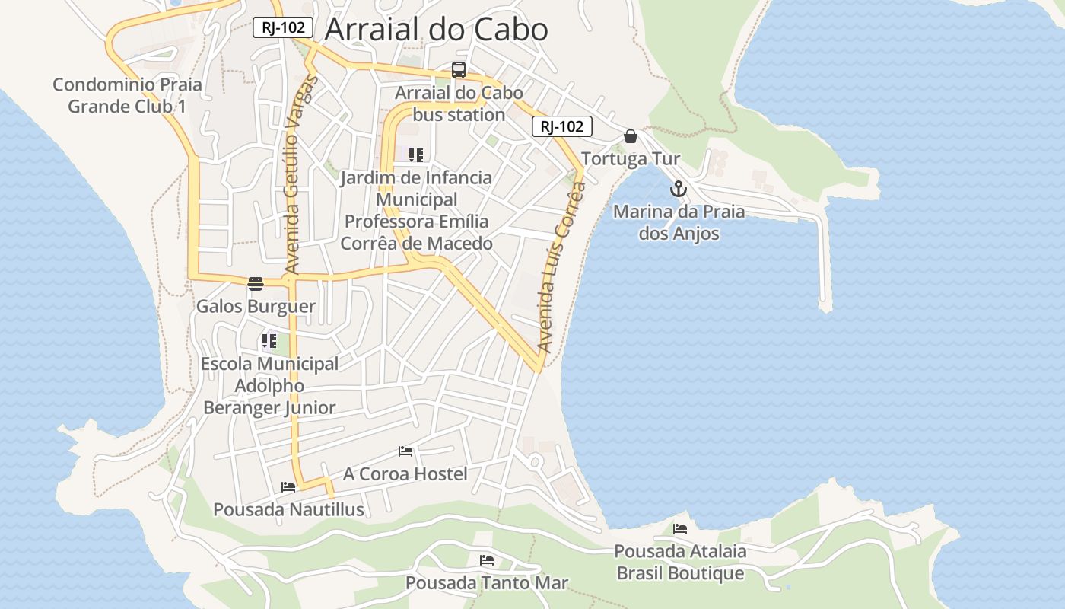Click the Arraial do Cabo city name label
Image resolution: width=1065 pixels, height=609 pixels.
pos(436,30)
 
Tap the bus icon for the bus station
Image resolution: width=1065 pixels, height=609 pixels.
pos(458,70)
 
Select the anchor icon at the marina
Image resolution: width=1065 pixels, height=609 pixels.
pos(678,189)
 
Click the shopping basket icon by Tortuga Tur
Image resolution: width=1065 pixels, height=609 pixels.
pos(631,136)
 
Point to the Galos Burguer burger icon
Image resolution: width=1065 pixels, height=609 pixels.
pos(256,284)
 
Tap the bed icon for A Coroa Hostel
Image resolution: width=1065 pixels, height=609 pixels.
pos(405,451)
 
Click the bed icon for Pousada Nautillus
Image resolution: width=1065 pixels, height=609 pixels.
pos(288,486)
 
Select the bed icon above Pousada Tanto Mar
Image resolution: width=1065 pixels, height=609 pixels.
pos(487,560)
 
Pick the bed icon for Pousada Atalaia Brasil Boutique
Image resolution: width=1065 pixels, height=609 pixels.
pos(680,528)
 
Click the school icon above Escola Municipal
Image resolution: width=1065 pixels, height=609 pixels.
pos(269,341)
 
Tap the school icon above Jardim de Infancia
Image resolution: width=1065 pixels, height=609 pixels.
pos(415,155)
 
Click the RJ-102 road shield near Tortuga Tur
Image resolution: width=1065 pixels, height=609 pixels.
pos(561,127)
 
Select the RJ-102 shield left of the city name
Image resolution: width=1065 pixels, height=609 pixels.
pos(283,28)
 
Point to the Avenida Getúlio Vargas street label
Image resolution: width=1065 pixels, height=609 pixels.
pos(300,175)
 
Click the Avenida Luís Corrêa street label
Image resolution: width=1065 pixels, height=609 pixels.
pos(561,270)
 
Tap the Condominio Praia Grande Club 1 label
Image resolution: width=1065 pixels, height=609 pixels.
pos(127,95)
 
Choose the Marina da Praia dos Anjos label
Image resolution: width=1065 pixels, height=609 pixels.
pos(679,222)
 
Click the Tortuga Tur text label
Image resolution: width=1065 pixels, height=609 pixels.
pos(631,159)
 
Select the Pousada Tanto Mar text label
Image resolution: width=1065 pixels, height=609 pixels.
pos(487,583)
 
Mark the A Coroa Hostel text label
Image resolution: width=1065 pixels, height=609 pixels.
pos(405,474)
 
